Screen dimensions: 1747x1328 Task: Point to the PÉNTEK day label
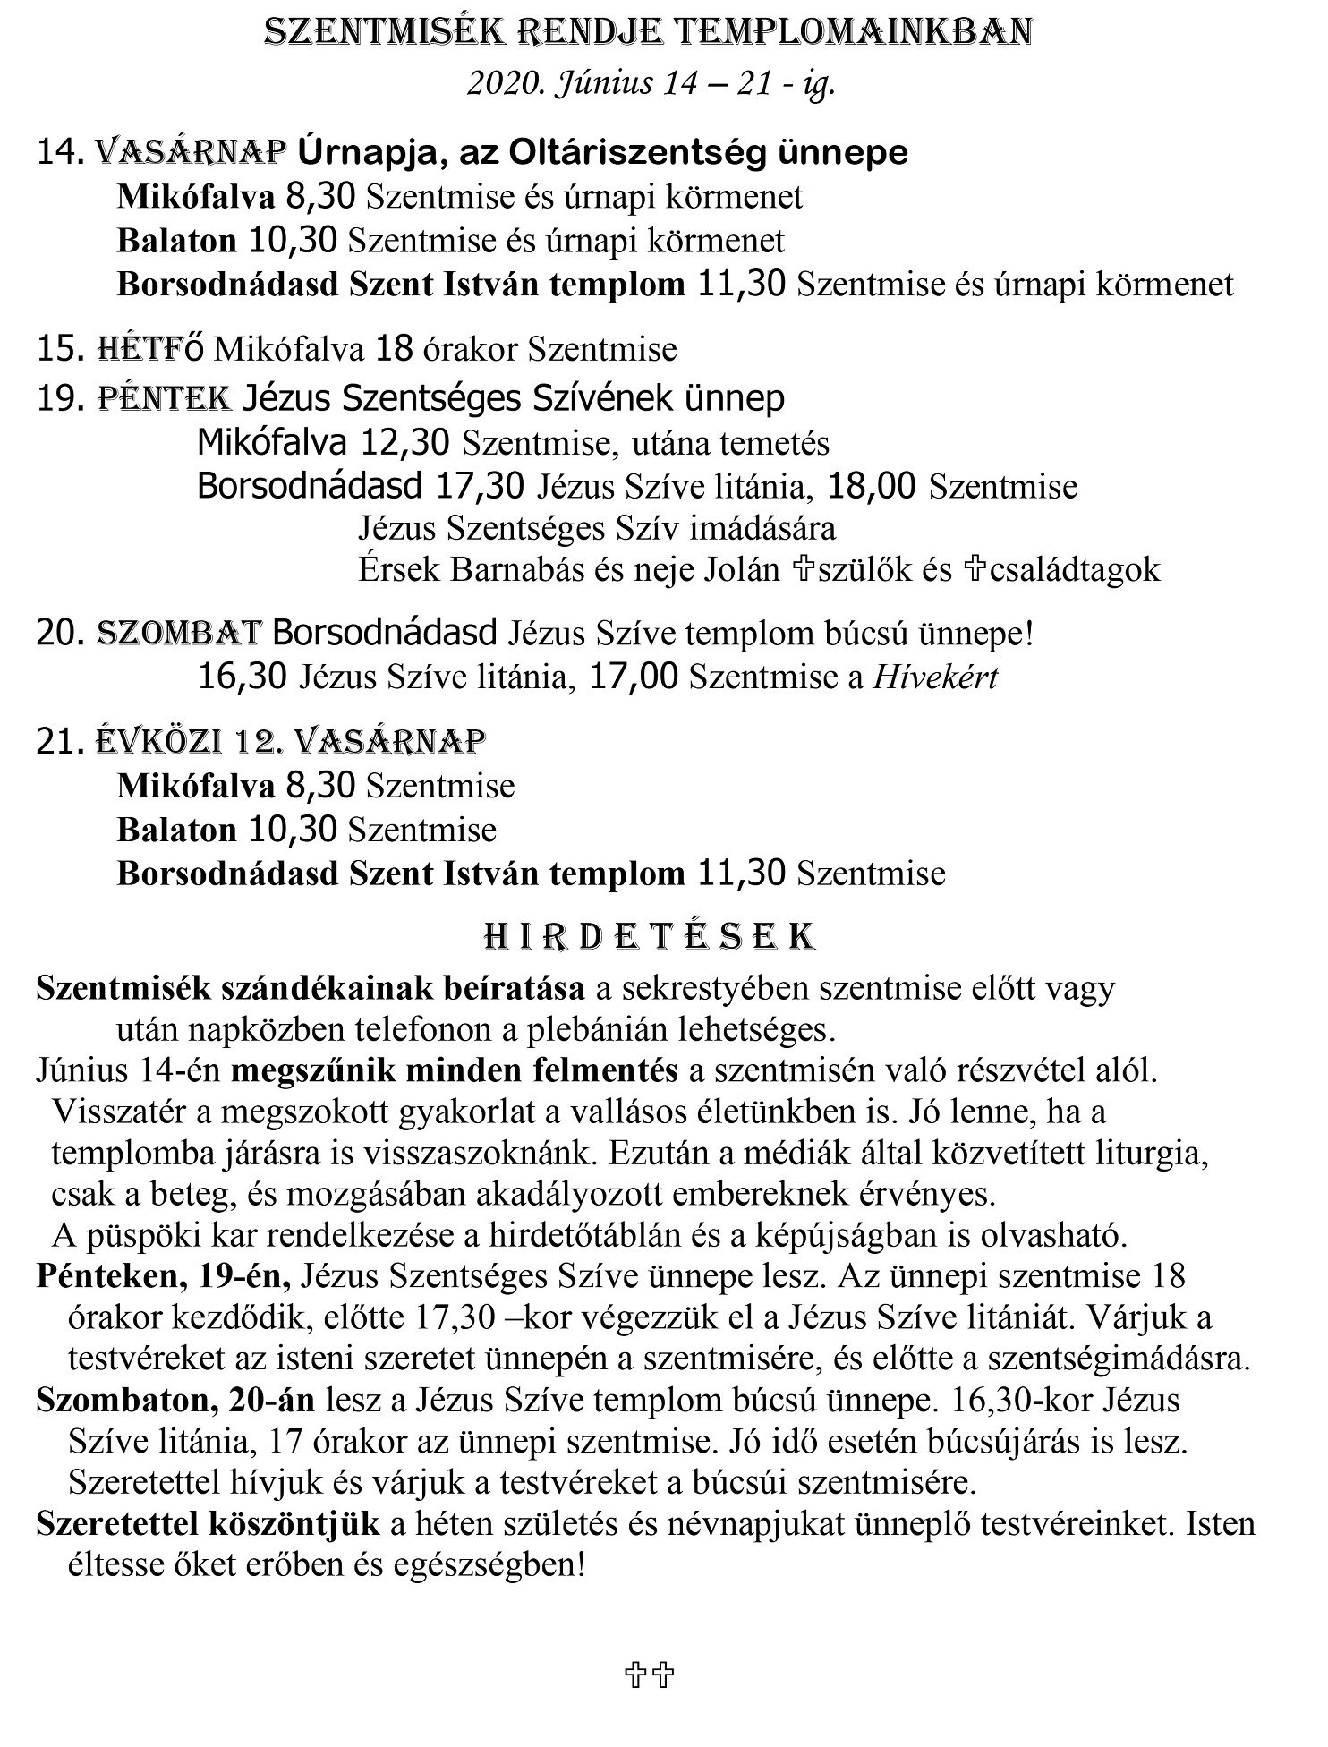tap(165, 398)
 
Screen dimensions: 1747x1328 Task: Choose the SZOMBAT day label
tap(179, 633)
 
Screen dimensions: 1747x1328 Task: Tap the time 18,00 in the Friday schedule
tap(872, 487)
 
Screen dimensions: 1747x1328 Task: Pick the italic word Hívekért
tap(935, 677)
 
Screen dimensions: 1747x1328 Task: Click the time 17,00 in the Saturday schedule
tap(634, 677)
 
